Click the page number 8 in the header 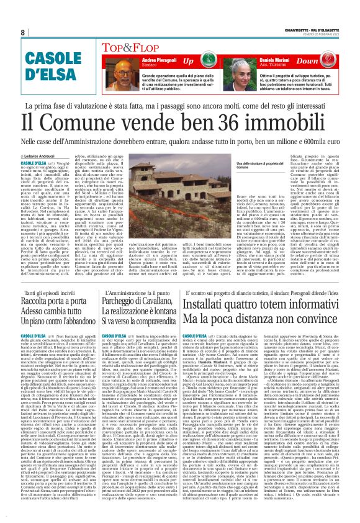[22, 32]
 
